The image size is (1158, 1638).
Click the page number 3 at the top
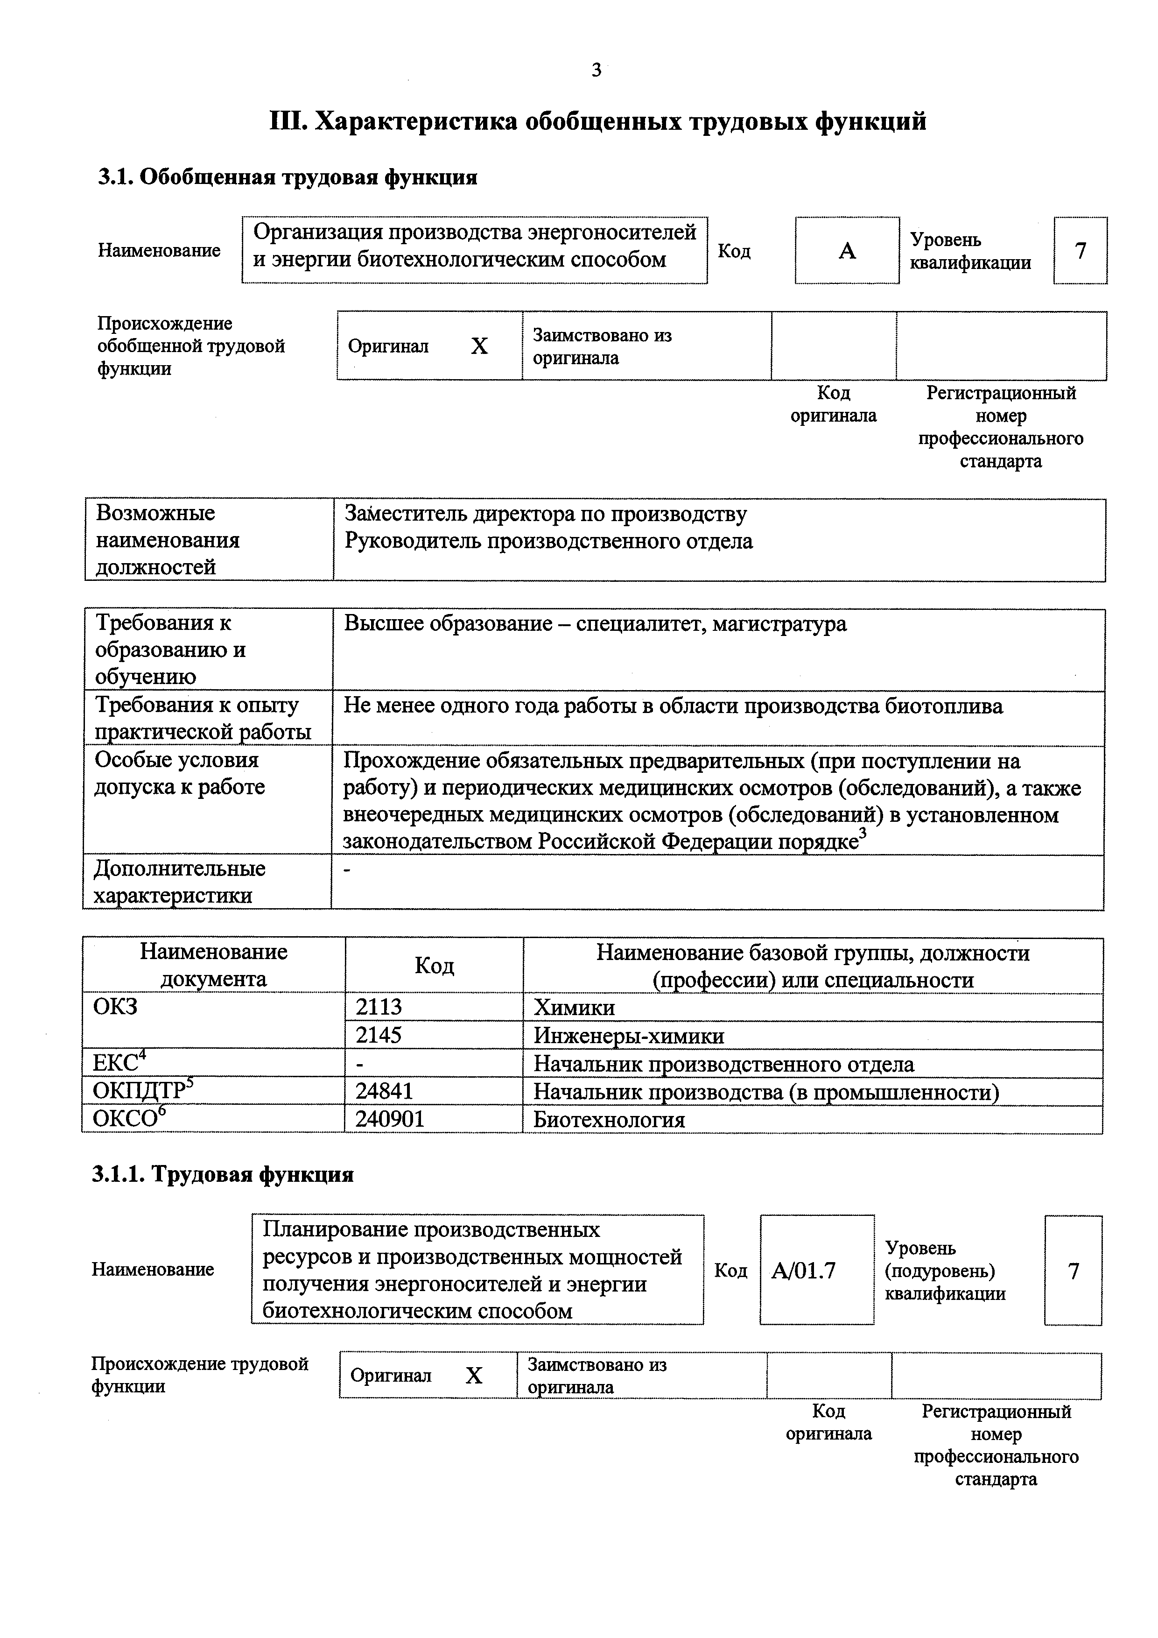(596, 70)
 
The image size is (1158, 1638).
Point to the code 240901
(390, 1119)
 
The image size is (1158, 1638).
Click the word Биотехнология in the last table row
(609, 1119)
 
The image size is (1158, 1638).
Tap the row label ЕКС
(115, 1064)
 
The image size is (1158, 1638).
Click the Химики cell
(574, 1007)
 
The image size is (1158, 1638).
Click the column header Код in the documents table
(434, 965)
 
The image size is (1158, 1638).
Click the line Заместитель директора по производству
(546, 514)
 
